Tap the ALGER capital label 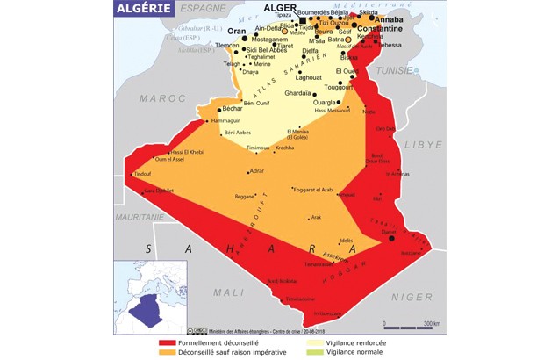pyautogui.click(x=282, y=8)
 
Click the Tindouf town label pyautogui.click(x=142, y=175)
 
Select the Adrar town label pyautogui.click(x=256, y=171)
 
